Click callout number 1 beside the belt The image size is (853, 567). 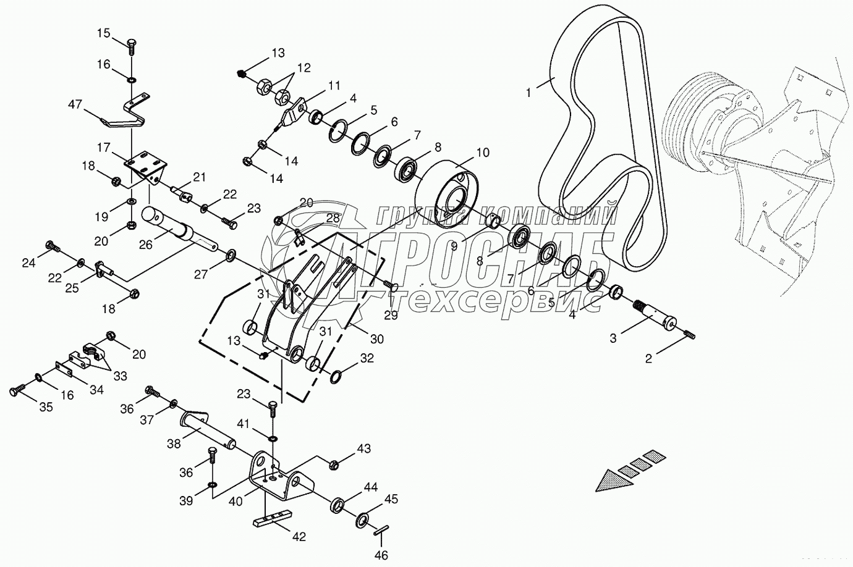[528, 93]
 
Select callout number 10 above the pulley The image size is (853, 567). [482, 153]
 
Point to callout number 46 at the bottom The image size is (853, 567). [381, 555]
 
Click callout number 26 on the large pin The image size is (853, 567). [145, 245]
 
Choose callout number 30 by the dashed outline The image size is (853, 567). [376, 338]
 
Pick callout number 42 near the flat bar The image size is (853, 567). [299, 537]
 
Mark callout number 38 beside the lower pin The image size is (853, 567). [174, 443]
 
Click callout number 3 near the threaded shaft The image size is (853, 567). [613, 338]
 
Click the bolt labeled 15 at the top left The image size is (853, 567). [132, 44]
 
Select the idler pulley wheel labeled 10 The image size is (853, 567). [449, 193]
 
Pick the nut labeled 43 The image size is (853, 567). [333, 464]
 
